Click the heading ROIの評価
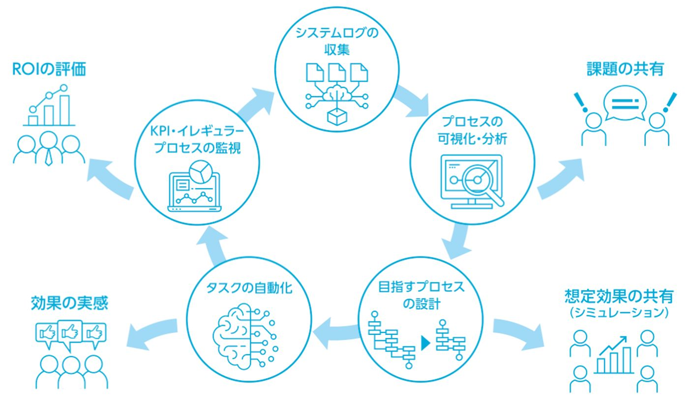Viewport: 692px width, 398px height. pyautogui.click(x=49, y=70)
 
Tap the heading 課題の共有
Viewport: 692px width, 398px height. pyautogui.click(x=625, y=69)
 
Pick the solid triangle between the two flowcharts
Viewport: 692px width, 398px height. pyautogui.click(x=425, y=342)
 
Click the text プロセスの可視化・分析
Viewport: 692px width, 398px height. pyautogui.click(x=473, y=130)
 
